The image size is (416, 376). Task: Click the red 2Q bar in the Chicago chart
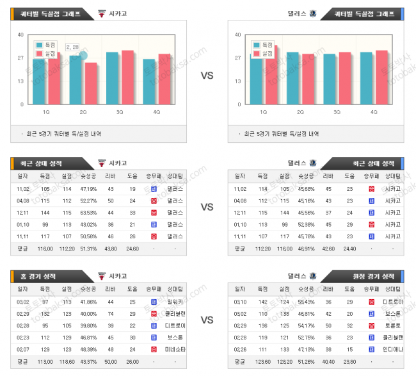click(x=91, y=83)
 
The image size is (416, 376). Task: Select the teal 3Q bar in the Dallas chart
click(x=330, y=79)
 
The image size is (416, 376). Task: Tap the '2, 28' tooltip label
click(x=72, y=47)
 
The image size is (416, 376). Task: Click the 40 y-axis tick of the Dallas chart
click(x=237, y=35)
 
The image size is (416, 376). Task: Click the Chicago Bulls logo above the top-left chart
click(x=102, y=13)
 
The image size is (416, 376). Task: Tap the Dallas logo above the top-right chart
click(x=313, y=13)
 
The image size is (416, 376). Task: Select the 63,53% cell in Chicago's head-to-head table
click(x=88, y=212)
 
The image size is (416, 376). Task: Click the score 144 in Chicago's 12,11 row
click(x=45, y=212)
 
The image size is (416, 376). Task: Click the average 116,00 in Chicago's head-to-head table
click(x=45, y=247)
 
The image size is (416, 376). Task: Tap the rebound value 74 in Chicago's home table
click(x=111, y=313)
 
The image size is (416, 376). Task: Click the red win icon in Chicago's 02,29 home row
click(x=154, y=313)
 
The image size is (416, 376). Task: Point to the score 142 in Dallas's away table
click(x=263, y=302)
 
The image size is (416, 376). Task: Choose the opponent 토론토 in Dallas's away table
click(x=393, y=325)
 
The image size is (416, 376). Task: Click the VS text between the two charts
click(x=207, y=76)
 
